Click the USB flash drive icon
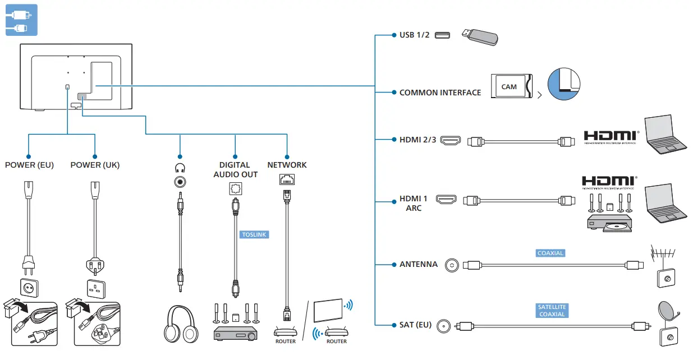(x=479, y=36)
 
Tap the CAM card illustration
(x=511, y=87)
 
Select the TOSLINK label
(x=254, y=234)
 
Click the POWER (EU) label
(x=29, y=165)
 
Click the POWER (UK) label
(x=95, y=165)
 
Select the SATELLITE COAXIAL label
(x=552, y=311)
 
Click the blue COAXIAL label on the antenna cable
(x=550, y=253)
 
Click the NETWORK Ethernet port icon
(x=287, y=180)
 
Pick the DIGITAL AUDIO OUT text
(x=236, y=169)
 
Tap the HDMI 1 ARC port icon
(x=447, y=199)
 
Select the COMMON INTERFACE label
(x=440, y=93)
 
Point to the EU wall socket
(x=29, y=288)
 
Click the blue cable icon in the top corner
(x=21, y=20)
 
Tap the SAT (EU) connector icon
(x=445, y=325)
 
